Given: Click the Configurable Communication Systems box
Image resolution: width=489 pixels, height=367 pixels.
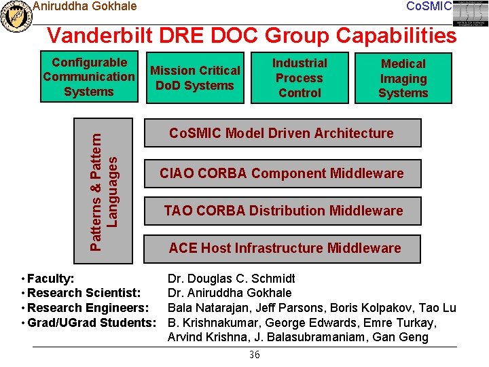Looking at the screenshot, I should (x=89, y=77).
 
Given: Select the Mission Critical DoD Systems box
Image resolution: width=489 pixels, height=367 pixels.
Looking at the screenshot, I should (x=195, y=78).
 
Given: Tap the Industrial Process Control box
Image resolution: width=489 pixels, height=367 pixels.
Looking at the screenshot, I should (x=300, y=78).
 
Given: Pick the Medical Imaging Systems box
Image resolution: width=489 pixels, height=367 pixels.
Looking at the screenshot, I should (x=403, y=78).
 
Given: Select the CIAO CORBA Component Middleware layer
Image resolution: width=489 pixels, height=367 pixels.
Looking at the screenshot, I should (x=281, y=173).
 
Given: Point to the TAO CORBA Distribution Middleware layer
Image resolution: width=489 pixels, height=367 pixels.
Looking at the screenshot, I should (x=283, y=211).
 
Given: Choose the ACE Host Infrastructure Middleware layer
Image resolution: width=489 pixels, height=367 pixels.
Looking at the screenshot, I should (x=285, y=248).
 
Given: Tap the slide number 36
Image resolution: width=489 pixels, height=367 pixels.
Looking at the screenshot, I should (x=255, y=355).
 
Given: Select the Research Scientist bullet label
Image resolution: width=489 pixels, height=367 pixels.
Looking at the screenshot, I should (x=84, y=293).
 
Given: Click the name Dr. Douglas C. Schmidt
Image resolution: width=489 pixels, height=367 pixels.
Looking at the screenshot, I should (x=232, y=279).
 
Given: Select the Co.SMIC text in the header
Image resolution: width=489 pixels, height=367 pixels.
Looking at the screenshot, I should (x=429, y=6).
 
